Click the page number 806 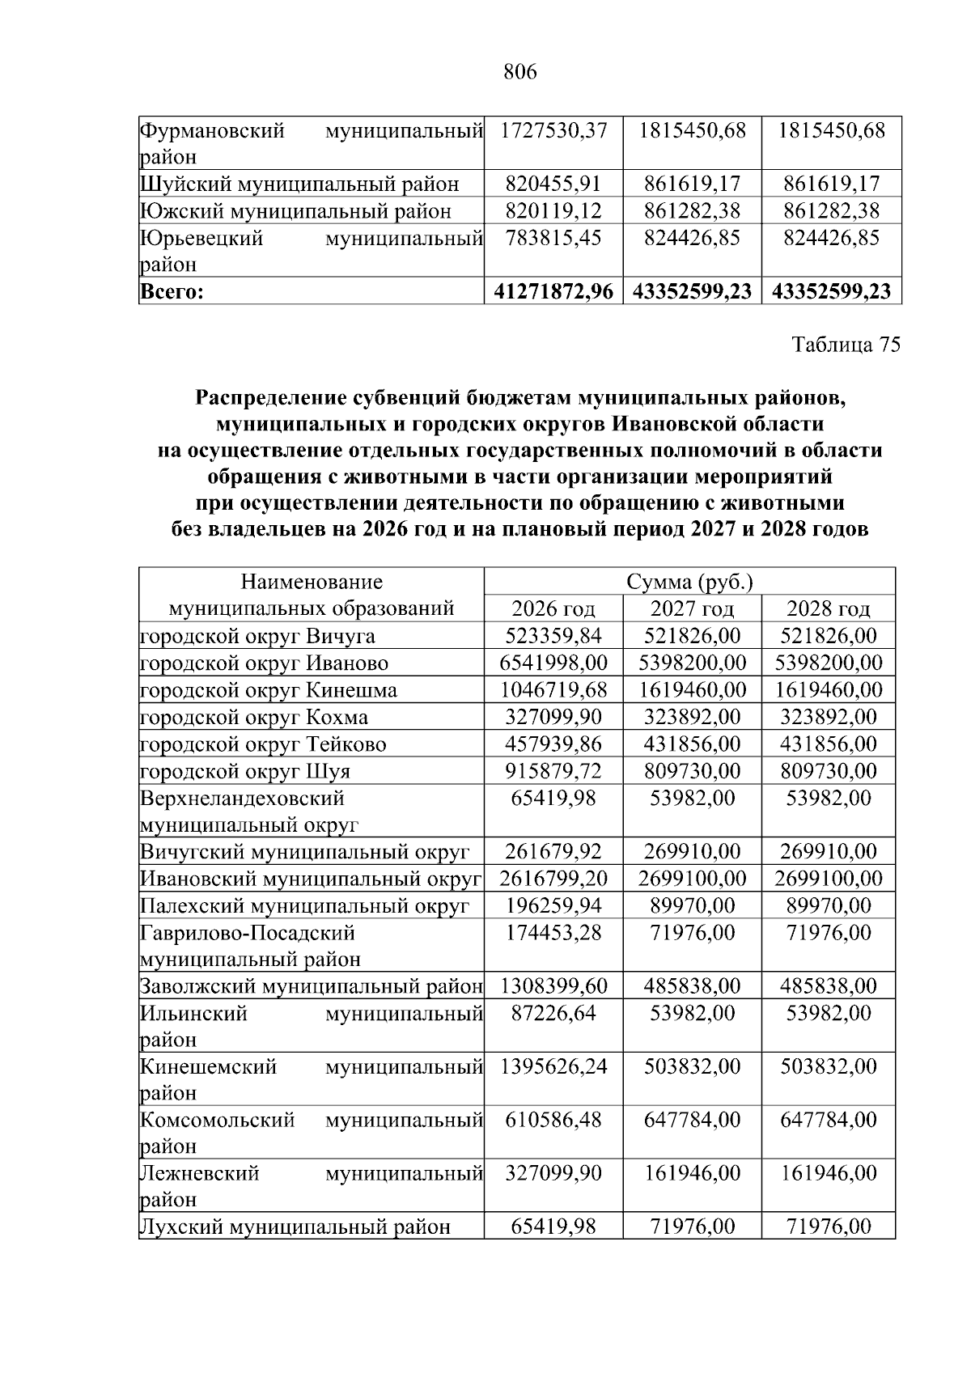[x=519, y=73]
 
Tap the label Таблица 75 [x=846, y=345]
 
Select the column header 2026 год [x=553, y=609]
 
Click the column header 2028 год [x=829, y=609]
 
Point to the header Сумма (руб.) [x=690, y=583]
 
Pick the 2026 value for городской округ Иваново [x=553, y=663]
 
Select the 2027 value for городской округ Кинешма [x=692, y=690]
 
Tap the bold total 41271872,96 [x=553, y=292]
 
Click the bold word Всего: [x=171, y=292]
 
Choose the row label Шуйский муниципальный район [x=299, y=184]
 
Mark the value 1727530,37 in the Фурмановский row [x=553, y=130]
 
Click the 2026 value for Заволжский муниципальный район [x=553, y=986]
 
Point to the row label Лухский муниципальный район [x=295, y=1227]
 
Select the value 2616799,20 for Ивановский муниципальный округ [x=553, y=879]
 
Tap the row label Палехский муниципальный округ [x=305, y=906]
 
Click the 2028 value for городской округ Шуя [x=829, y=771]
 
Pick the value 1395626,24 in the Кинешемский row [x=553, y=1066]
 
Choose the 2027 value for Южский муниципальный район [x=692, y=211]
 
